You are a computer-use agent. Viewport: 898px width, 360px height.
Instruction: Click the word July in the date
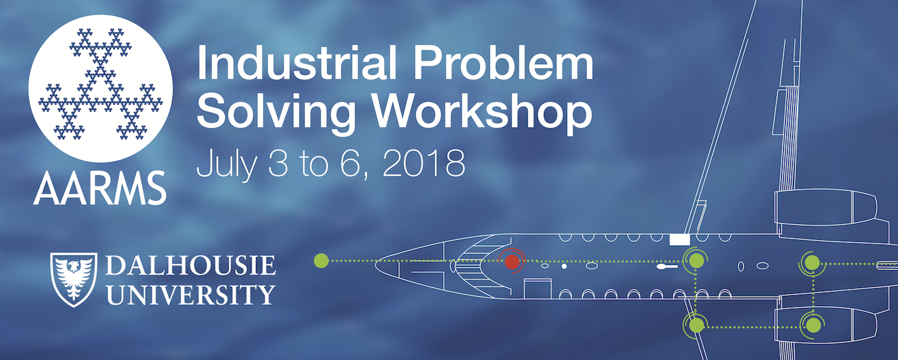pos(226,164)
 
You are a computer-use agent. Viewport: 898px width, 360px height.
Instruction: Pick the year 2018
pos(424,163)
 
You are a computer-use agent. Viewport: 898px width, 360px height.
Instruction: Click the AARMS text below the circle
pos(100,189)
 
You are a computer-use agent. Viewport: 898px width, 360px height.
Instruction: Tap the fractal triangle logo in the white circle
pos(100,84)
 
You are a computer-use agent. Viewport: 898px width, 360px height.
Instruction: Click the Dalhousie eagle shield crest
pos(74,279)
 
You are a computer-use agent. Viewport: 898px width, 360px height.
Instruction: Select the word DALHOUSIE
pos(191,265)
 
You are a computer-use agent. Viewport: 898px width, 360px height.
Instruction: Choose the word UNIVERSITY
pos(191,295)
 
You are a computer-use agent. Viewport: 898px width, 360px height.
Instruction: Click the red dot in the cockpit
pos(512,262)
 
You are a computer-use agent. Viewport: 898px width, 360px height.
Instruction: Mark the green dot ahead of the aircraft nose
pos(321,261)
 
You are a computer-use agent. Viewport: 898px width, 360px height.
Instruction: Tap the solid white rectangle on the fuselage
pos(679,240)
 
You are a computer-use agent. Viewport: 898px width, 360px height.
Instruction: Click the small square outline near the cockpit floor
pos(538,289)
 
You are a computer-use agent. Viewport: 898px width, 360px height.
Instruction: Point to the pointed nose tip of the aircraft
pos(375,264)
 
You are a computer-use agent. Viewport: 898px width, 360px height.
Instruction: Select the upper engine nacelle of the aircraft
pos(826,207)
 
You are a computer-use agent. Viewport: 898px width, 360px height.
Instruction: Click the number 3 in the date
pos(278,163)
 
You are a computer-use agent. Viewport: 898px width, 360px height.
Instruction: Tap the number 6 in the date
pos(352,164)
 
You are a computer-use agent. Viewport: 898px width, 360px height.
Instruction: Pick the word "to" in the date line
pos(314,164)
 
